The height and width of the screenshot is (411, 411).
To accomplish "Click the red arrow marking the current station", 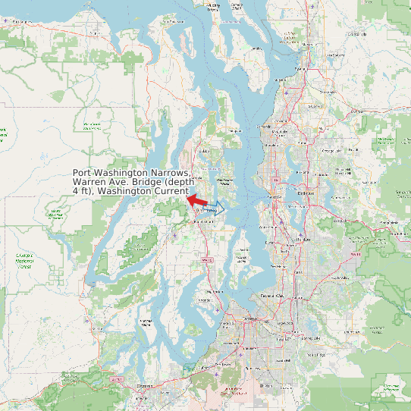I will click(196, 199).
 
